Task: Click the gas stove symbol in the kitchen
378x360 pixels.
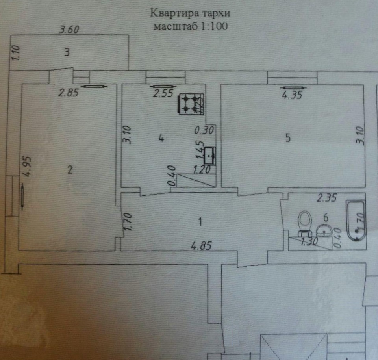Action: click(x=191, y=104)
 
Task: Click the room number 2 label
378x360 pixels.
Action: click(x=70, y=170)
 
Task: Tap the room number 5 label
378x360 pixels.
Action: click(x=288, y=138)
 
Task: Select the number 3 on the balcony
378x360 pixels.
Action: click(x=67, y=52)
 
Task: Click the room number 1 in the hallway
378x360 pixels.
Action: click(x=200, y=222)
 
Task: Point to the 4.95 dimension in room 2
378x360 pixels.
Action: click(x=28, y=167)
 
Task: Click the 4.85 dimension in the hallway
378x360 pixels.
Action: click(x=201, y=246)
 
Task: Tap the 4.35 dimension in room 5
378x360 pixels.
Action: click(x=292, y=95)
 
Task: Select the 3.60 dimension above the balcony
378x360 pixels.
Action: click(x=69, y=30)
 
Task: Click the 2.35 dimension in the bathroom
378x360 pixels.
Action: click(x=327, y=198)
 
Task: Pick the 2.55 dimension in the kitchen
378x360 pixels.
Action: click(x=163, y=93)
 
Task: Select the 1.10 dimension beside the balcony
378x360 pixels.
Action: click(x=15, y=53)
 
